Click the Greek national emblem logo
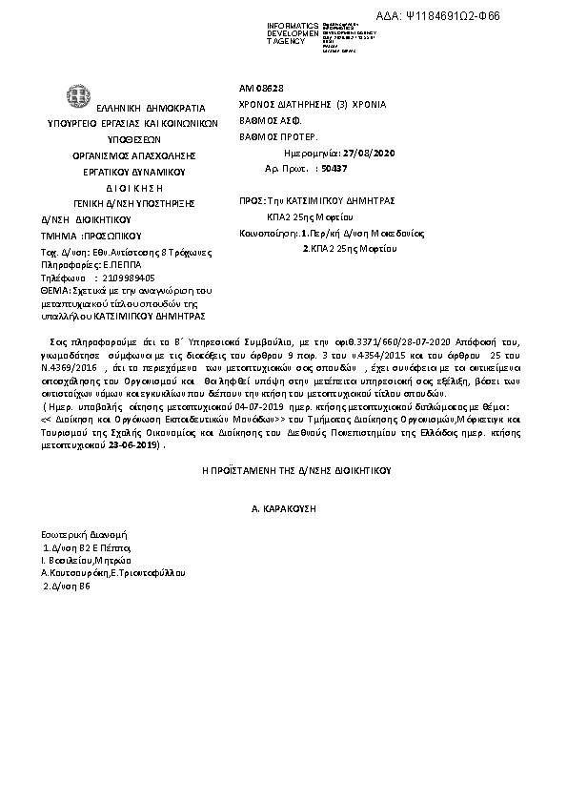pyautogui.click(x=75, y=96)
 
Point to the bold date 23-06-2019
pyautogui.click(x=133, y=444)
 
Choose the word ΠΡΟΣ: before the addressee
pyautogui.click(x=252, y=201)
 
